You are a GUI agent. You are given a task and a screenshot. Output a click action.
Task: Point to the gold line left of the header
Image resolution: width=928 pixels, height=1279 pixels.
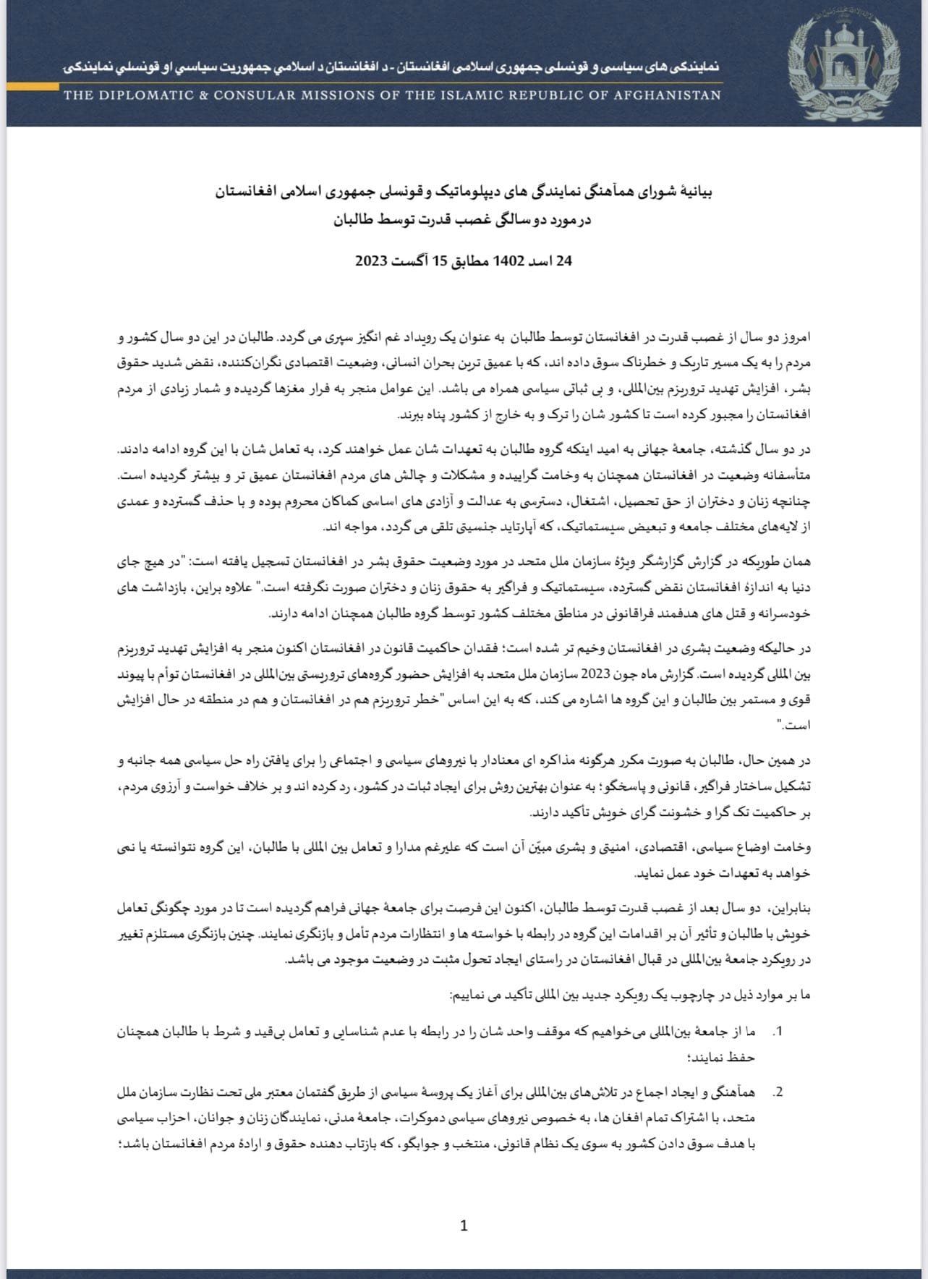[33, 86]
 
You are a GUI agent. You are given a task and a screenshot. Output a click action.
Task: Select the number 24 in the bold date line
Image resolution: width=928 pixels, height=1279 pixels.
[564, 261]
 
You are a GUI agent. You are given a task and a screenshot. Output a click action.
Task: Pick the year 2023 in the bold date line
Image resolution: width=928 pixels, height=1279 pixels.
[370, 261]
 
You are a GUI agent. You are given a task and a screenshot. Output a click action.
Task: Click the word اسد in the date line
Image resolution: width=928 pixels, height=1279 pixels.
[539, 261]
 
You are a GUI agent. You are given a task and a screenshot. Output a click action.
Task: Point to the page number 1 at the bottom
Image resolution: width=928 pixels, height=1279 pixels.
[464, 1225]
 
